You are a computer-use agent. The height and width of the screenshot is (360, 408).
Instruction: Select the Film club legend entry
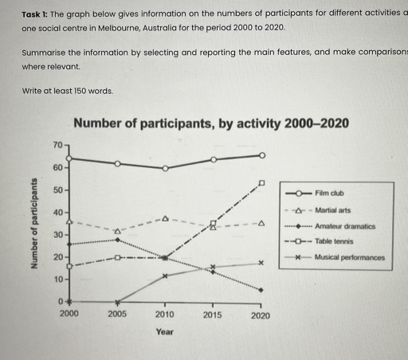point(328,193)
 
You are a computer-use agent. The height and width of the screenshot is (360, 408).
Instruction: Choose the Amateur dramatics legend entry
point(338,227)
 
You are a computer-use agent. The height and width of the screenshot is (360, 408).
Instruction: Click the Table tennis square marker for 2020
point(261,182)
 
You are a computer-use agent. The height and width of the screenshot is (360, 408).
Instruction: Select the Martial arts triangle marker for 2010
point(165,217)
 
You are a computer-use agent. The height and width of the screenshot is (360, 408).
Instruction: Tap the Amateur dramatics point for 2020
point(261,290)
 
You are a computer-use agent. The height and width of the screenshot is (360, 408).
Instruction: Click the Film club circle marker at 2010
point(165,168)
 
